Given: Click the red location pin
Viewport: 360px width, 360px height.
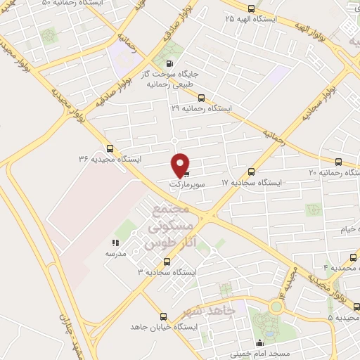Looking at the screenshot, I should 181,165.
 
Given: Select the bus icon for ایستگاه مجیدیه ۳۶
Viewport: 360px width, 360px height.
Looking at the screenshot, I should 110,148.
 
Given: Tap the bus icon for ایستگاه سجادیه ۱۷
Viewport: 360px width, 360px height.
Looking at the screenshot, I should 252,171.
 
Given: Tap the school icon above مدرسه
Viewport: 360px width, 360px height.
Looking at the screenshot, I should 116,243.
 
